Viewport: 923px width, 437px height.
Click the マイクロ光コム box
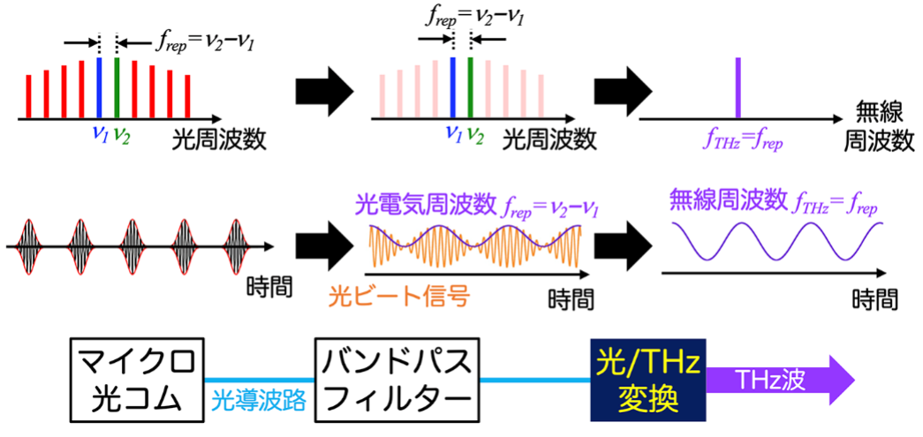137,380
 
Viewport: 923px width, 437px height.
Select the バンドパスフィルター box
397,380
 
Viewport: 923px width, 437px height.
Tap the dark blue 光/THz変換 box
647,380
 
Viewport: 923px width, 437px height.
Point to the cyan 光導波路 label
260,399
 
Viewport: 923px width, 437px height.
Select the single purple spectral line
738,87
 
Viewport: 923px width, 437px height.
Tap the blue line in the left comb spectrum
99,87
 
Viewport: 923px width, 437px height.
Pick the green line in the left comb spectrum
117,87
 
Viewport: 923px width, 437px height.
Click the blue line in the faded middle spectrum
452,87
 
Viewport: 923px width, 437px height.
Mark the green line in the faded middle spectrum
470,87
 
